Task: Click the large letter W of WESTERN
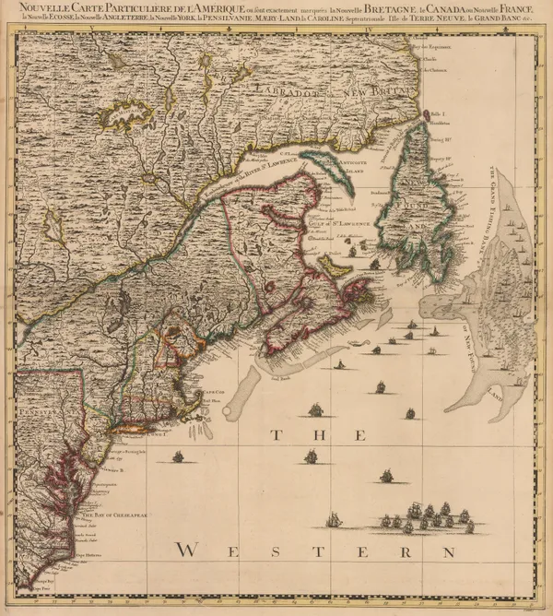[x=187, y=550]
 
